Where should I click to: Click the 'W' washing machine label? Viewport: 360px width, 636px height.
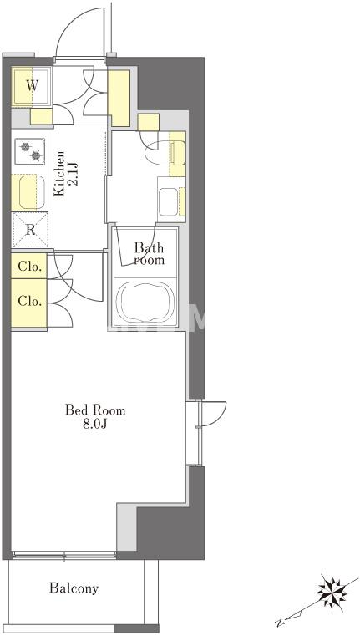click(33, 85)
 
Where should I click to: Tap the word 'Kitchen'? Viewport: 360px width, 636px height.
click(59, 174)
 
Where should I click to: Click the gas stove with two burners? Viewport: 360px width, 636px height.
click(30, 151)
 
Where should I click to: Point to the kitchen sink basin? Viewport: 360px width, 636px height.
click(28, 192)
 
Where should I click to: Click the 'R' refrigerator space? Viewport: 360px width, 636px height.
click(30, 230)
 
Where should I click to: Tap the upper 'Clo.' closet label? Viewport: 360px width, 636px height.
click(29, 267)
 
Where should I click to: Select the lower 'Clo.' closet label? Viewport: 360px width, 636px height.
click(29, 302)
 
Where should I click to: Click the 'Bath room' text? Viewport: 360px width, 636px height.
click(150, 253)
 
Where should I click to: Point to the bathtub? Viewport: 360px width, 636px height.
click(145, 303)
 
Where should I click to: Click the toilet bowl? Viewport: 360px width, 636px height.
click(160, 151)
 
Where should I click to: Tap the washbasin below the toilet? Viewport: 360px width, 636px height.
click(168, 201)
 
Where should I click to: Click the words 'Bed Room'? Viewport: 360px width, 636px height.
click(95, 410)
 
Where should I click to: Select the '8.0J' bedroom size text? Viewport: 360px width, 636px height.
click(95, 425)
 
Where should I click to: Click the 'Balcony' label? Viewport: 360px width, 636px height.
click(74, 588)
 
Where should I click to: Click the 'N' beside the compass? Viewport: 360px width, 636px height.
click(279, 622)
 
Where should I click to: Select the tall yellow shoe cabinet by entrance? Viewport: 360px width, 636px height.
click(119, 98)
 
